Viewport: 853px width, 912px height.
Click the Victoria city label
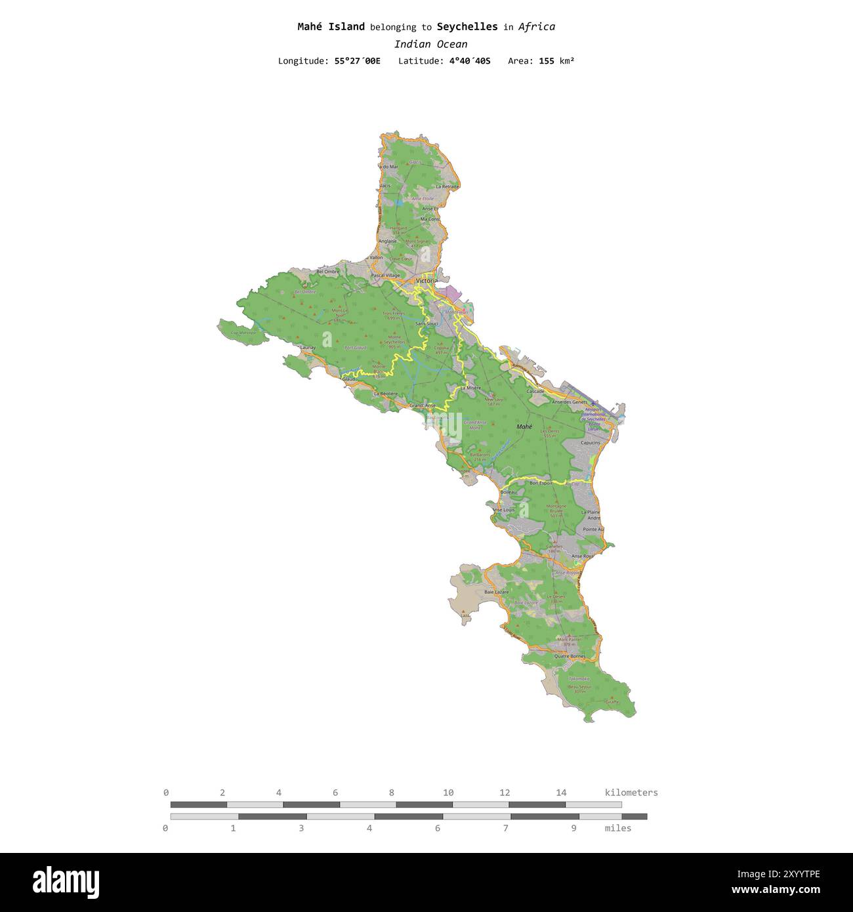427,281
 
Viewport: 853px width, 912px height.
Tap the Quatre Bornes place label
569,655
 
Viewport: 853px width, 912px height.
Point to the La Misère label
470,388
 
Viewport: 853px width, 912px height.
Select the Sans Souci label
427,323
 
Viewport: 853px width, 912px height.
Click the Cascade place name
535,391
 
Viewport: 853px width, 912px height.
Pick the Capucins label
590,443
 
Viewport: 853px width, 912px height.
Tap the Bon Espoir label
541,483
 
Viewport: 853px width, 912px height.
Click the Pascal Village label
385,276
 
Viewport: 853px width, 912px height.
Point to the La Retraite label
447,186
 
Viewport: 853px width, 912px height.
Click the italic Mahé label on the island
524,426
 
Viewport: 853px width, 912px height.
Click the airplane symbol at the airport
593,402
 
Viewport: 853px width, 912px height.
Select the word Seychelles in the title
467,27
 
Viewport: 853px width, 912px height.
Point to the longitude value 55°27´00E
357,61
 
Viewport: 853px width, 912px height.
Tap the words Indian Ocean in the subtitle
430,44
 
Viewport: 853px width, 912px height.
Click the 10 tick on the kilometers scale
448,793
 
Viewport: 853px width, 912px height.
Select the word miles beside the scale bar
618,828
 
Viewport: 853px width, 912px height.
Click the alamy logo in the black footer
66,882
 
